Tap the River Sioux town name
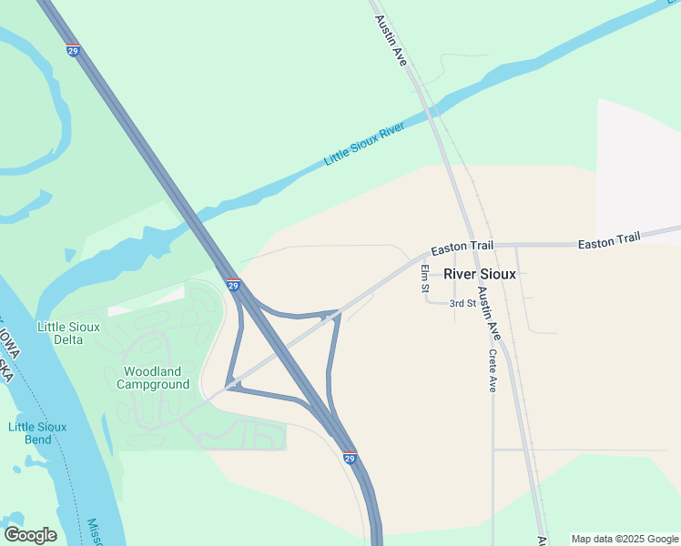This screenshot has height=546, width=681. (479, 273)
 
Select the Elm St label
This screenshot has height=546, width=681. (425, 278)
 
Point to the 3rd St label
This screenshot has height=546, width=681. (462, 303)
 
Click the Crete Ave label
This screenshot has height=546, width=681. (493, 370)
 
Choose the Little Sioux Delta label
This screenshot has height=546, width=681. (60, 332)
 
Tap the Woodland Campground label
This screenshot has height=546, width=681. (153, 378)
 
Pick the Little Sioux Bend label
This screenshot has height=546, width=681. (37, 432)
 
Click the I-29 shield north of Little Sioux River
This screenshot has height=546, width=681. (73, 49)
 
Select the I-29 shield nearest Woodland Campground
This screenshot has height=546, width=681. (233, 285)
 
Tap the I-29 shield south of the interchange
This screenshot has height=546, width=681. (350, 459)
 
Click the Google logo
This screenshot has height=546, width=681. (30, 534)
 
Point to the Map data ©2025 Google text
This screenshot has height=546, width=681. (625, 539)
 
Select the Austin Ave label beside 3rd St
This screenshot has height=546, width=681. (490, 308)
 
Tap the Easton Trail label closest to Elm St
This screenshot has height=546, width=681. (462, 247)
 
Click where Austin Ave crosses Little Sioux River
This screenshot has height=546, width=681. (431, 111)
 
